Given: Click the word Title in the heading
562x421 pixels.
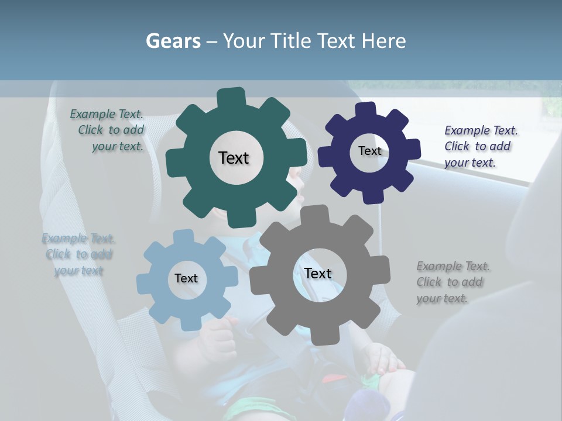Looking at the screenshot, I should coord(290,41).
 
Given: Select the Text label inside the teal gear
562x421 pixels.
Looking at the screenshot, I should coord(234,158).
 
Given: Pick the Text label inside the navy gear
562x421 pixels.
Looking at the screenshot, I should coord(370,151).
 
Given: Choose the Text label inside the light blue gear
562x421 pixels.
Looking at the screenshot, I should coord(186,278).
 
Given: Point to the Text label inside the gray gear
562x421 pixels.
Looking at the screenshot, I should coord(318,274).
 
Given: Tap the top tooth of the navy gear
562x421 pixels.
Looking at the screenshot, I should coord(365,111).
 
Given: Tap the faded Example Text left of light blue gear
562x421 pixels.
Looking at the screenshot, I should coord(78,254).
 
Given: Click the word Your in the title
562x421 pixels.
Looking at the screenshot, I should coord(245,41).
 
